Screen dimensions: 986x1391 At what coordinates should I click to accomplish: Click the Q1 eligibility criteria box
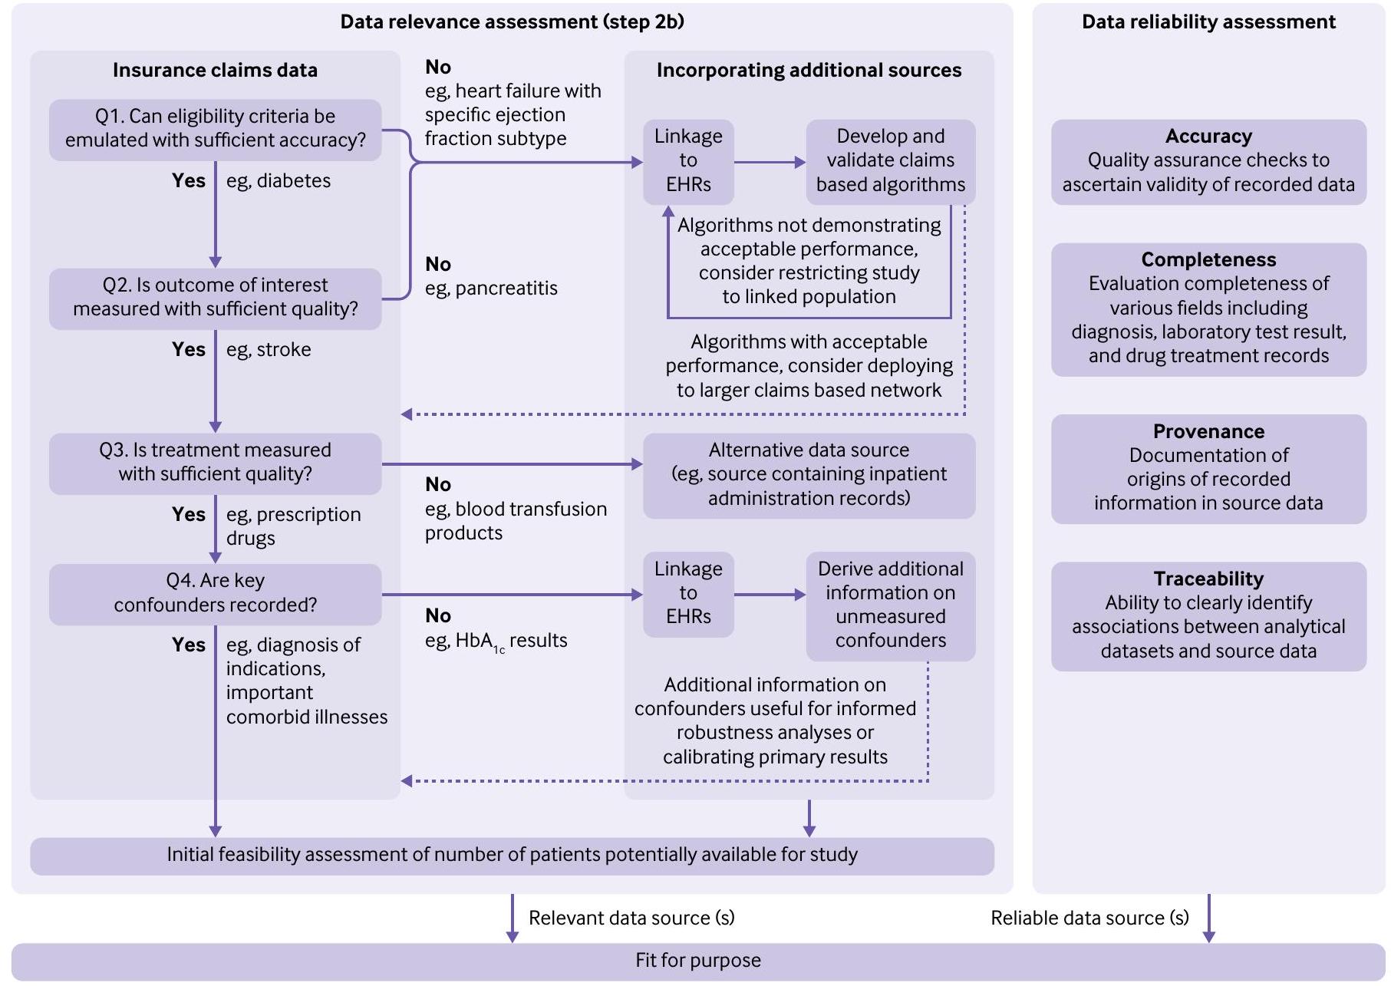(x=215, y=129)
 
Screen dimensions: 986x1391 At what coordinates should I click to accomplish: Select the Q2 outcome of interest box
(x=215, y=298)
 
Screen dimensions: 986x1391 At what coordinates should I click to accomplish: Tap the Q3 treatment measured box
(x=215, y=463)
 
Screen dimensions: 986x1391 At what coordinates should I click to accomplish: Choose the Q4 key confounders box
(x=215, y=593)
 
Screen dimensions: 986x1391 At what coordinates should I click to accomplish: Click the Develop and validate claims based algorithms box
(x=890, y=161)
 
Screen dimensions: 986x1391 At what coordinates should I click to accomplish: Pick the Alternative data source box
(x=809, y=475)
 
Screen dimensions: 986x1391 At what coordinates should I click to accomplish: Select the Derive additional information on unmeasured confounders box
(x=890, y=605)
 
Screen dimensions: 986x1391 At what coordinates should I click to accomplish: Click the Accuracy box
(x=1208, y=161)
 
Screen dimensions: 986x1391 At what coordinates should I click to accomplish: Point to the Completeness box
(x=1208, y=308)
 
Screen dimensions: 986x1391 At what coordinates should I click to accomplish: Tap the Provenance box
(x=1208, y=468)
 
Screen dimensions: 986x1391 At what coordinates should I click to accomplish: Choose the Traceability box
(x=1208, y=615)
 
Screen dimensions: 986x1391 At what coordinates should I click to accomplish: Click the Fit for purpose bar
(x=697, y=961)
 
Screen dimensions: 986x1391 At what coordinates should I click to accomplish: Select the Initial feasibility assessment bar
(x=512, y=855)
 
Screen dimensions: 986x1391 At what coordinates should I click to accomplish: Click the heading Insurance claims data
(x=215, y=71)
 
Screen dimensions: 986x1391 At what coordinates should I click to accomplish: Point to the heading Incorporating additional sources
(x=809, y=71)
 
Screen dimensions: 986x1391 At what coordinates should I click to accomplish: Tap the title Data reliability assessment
(x=1208, y=22)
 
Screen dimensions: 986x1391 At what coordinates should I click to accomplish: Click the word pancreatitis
(x=506, y=289)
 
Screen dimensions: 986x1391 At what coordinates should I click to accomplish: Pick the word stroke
(x=284, y=351)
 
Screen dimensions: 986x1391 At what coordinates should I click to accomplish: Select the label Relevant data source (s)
(x=631, y=918)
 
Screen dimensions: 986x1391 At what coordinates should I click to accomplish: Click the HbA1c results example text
(x=496, y=641)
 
